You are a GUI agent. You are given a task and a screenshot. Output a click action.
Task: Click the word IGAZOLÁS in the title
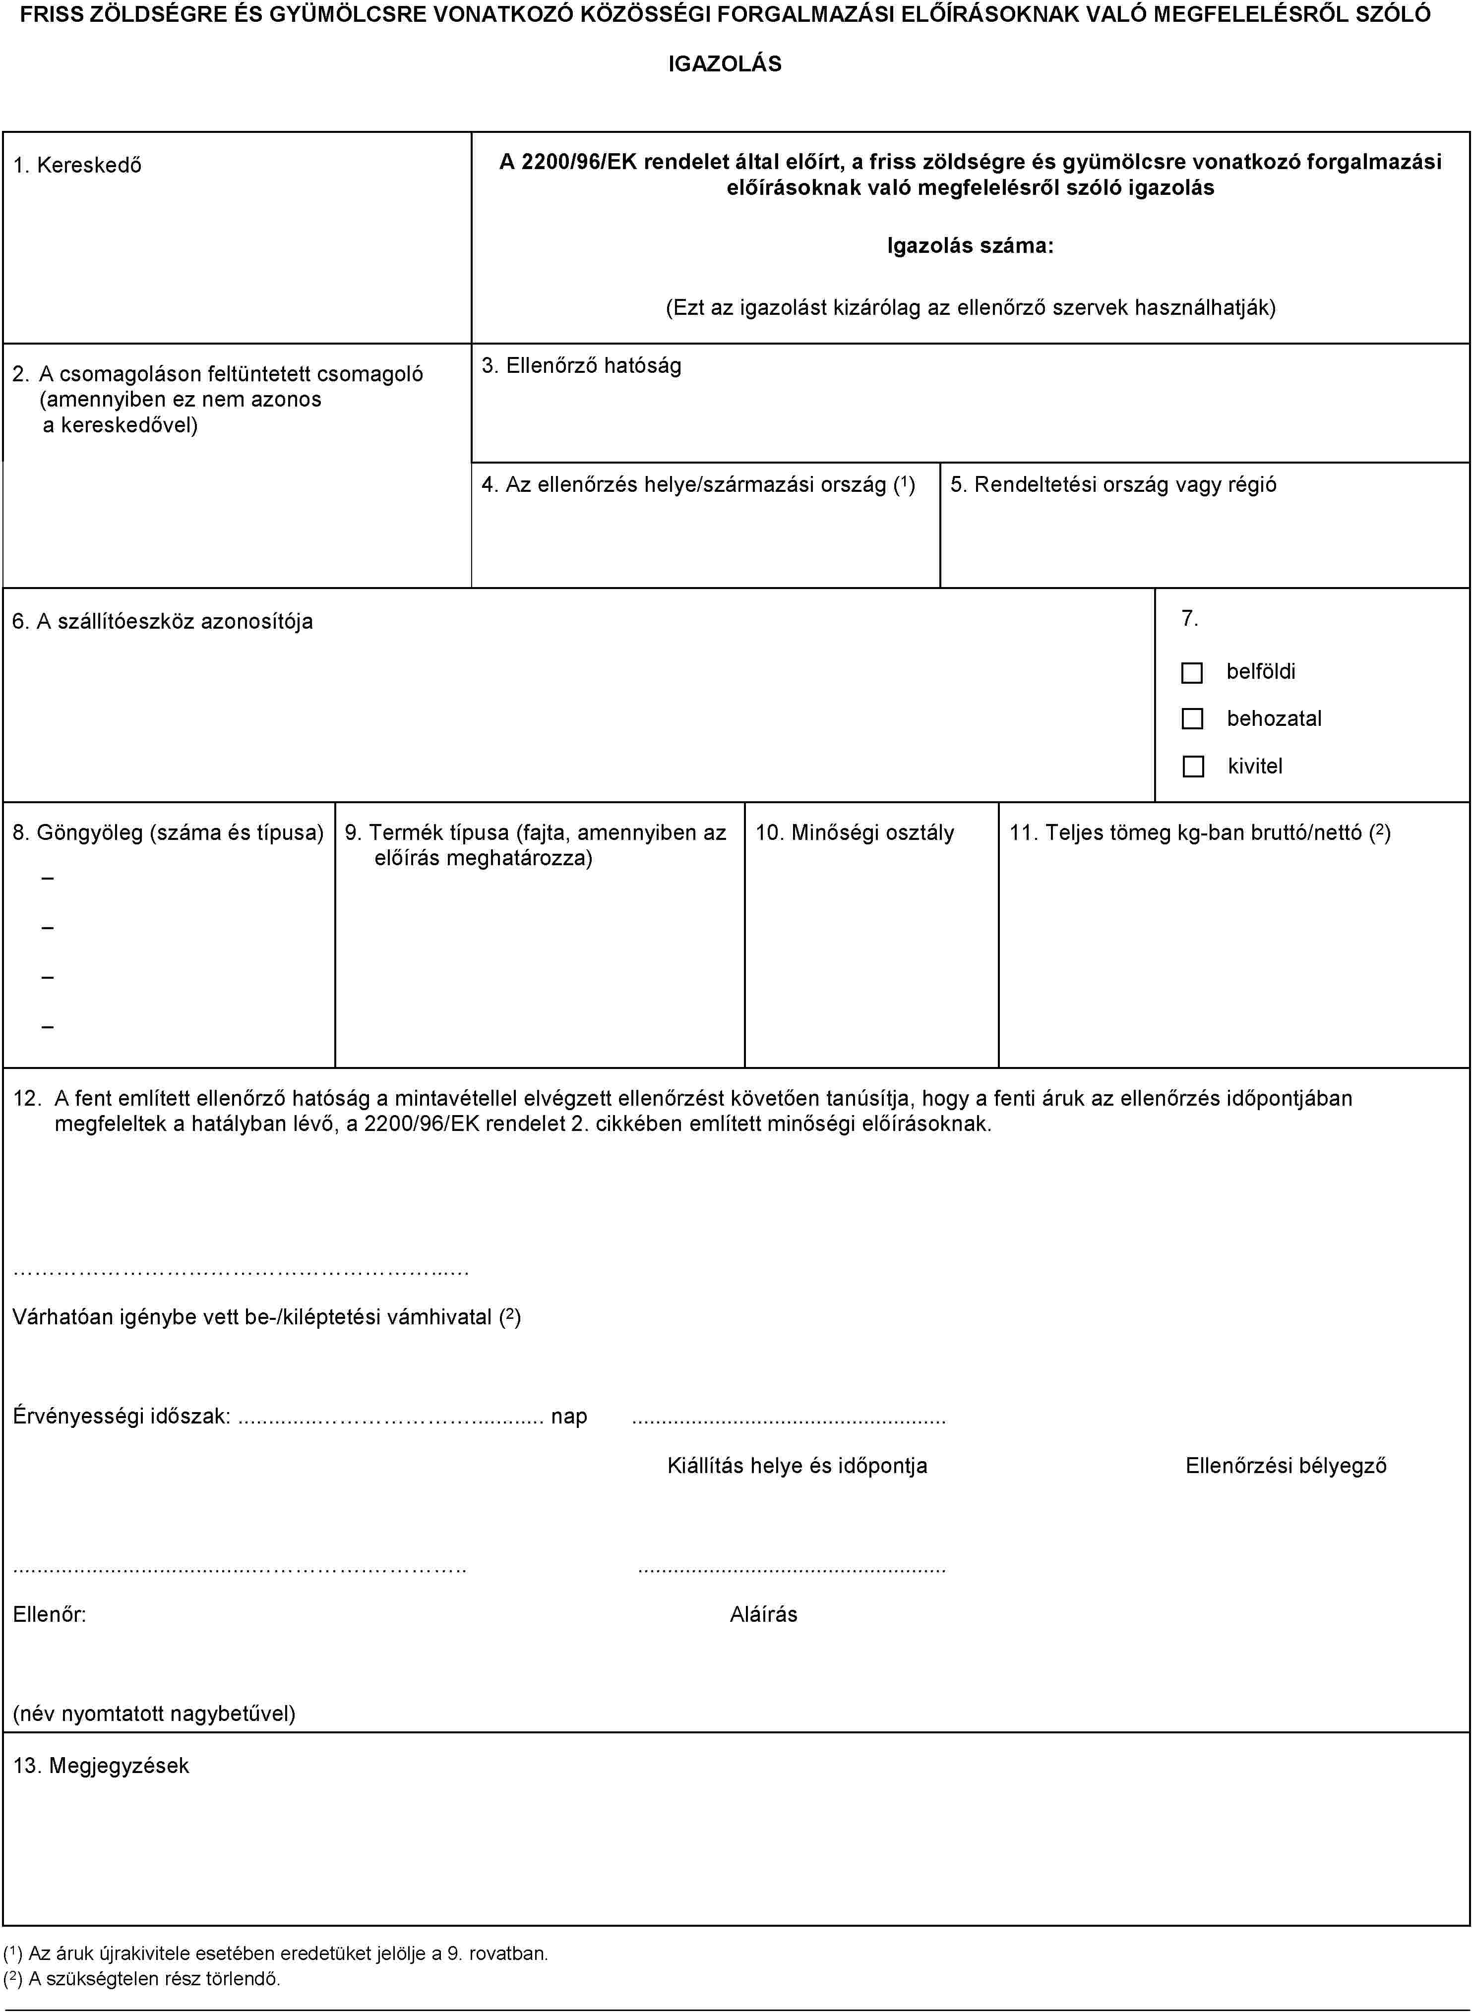[725, 64]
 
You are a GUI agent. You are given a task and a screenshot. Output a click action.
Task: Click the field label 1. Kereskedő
[77, 165]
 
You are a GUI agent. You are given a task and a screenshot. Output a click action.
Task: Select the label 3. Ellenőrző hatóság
[581, 365]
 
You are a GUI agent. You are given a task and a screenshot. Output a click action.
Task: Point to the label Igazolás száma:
[970, 246]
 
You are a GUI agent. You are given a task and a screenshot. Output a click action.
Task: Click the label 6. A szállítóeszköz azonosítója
[163, 621]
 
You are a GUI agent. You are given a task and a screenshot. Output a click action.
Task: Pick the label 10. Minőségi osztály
[854, 832]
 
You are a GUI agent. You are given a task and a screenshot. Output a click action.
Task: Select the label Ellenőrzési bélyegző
[1286, 1466]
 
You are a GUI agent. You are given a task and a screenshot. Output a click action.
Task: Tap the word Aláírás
[763, 1614]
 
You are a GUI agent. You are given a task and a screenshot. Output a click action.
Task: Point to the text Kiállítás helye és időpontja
[797, 1466]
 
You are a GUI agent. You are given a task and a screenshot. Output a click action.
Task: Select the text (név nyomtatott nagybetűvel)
[154, 1713]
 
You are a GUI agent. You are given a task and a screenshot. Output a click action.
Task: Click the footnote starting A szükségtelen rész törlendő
[143, 1979]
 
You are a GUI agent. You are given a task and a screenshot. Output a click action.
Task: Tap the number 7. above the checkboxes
[1189, 619]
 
